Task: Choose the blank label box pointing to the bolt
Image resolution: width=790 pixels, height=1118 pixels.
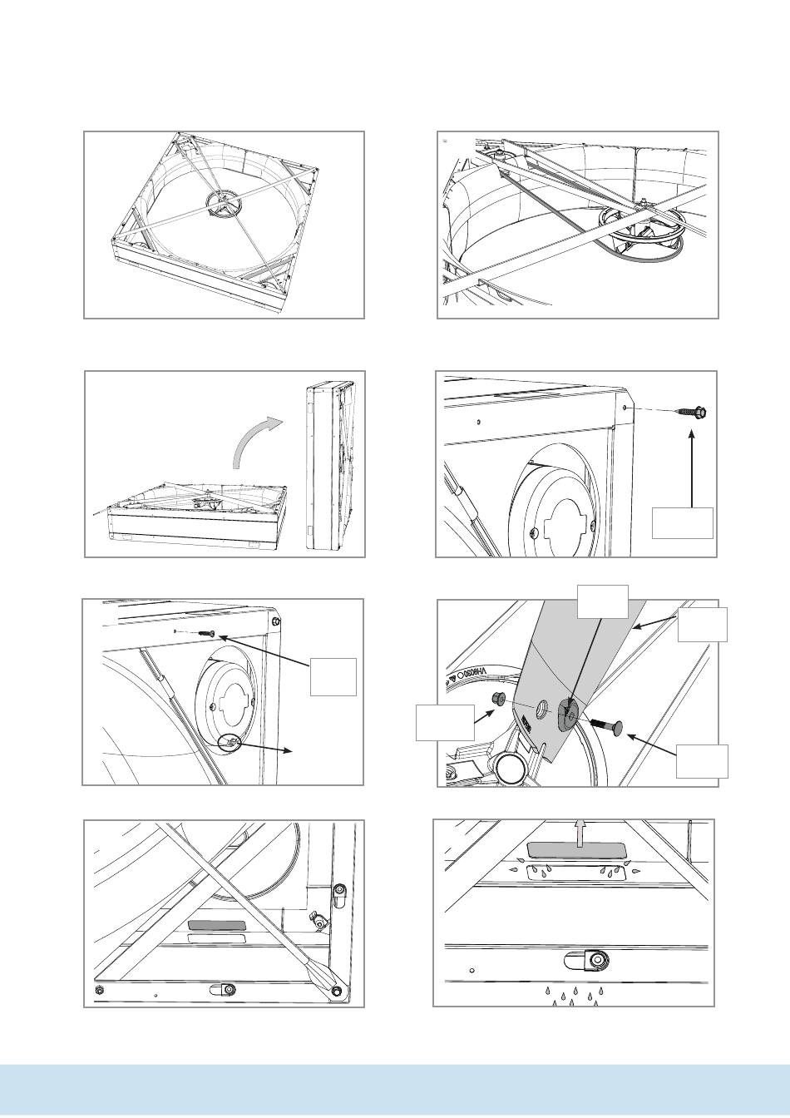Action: click(702, 761)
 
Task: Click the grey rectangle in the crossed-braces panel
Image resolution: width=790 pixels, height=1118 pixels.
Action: click(216, 925)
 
